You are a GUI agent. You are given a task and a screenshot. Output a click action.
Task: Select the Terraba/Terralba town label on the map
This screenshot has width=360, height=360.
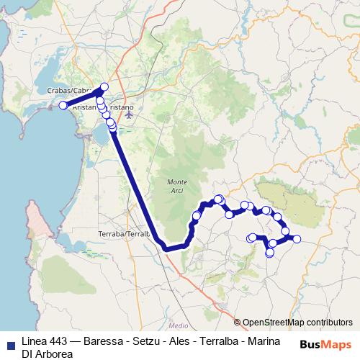coord(123,235)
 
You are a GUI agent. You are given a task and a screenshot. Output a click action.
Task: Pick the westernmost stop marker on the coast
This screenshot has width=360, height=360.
coord(63,106)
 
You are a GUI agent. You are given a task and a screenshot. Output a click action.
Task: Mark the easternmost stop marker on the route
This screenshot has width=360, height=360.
coord(296,239)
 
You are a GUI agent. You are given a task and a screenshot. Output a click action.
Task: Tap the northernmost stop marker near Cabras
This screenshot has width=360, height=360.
coord(104,87)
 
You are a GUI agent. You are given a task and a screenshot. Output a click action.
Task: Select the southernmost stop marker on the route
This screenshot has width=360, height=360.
coord(270,253)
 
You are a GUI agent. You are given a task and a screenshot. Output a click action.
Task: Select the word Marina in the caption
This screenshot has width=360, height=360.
coord(262,341)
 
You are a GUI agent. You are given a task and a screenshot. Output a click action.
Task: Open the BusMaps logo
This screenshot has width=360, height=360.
coord(326,344)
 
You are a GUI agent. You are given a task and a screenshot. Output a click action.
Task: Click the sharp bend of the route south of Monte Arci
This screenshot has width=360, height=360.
coord(166,248)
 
